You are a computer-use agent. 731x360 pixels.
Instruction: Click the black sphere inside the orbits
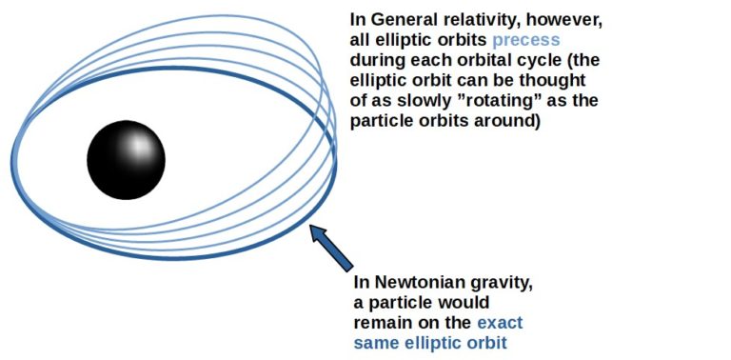126,159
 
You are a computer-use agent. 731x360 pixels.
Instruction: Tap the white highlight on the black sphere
139,146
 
